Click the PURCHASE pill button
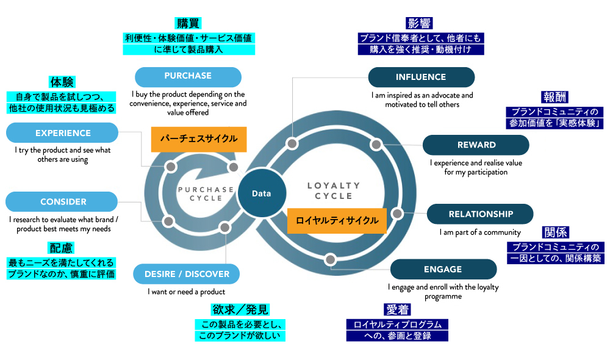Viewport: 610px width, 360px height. click(x=188, y=76)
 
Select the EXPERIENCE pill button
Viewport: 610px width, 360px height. click(x=62, y=133)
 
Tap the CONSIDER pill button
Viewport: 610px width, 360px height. click(x=62, y=202)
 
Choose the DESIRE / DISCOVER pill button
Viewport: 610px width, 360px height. click(x=187, y=274)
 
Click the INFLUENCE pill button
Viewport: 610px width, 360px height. click(x=421, y=77)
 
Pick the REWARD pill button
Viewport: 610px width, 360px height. click(x=476, y=145)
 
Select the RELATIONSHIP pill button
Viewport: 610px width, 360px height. click(x=480, y=214)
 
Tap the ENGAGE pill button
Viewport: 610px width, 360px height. click(x=443, y=269)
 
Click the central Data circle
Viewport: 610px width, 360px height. click(x=261, y=193)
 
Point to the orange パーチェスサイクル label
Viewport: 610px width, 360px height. click(x=199, y=139)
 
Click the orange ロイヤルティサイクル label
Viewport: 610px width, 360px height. click(x=337, y=220)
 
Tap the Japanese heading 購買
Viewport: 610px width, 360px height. click(x=188, y=23)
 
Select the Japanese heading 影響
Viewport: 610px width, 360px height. click(x=420, y=24)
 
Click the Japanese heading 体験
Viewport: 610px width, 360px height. click(x=62, y=82)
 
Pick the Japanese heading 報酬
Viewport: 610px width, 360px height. click(x=554, y=98)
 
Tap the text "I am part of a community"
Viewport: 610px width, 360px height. click(x=480, y=232)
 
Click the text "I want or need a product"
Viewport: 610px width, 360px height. click(x=187, y=292)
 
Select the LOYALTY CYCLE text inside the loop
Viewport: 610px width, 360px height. click(x=334, y=190)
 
